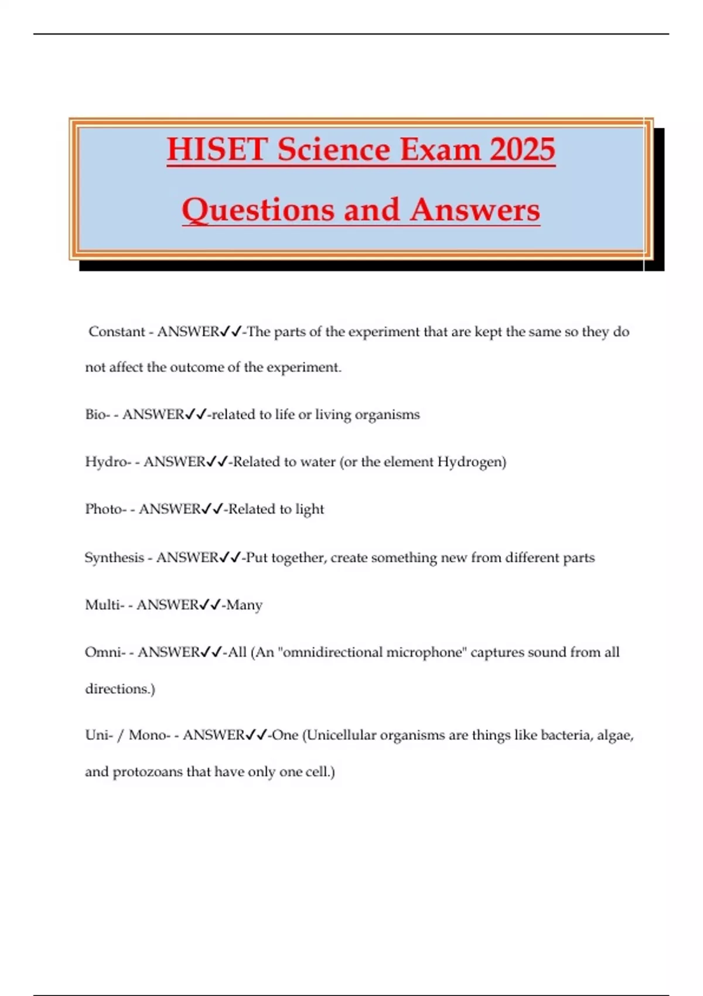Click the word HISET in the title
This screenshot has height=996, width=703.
(217, 149)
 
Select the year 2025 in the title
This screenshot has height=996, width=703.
(522, 149)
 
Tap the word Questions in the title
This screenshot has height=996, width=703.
(257, 210)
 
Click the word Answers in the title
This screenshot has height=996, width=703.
(475, 210)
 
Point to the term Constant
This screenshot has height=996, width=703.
(117, 332)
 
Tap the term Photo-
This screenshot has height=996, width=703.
(105, 509)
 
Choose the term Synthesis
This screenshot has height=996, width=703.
(114, 558)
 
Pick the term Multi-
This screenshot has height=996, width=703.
(104, 605)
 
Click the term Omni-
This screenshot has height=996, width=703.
(105, 652)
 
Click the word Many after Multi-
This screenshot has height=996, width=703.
(244, 605)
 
